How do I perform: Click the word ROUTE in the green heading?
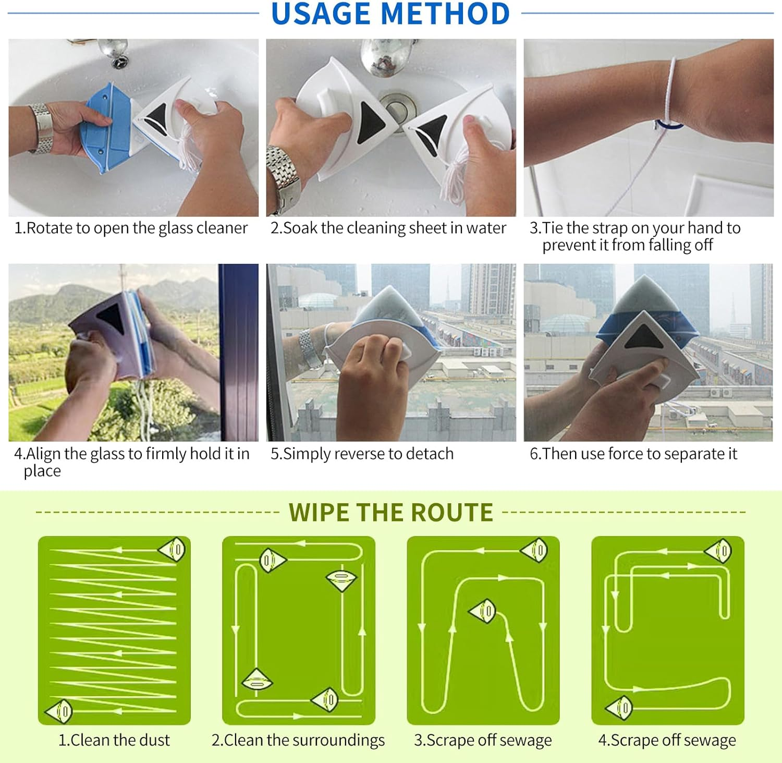(451, 513)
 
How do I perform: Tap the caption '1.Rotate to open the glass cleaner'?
(131, 228)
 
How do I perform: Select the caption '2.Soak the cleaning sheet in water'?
(388, 228)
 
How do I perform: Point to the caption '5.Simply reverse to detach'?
(362, 454)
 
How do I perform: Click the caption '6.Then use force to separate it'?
(633, 454)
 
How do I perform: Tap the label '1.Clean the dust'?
(114, 740)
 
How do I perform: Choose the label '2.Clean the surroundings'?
(298, 740)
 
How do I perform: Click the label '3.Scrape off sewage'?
(483, 740)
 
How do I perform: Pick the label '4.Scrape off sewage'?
(667, 740)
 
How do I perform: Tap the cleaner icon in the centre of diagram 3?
(483, 610)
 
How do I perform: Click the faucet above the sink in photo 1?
(113, 53)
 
